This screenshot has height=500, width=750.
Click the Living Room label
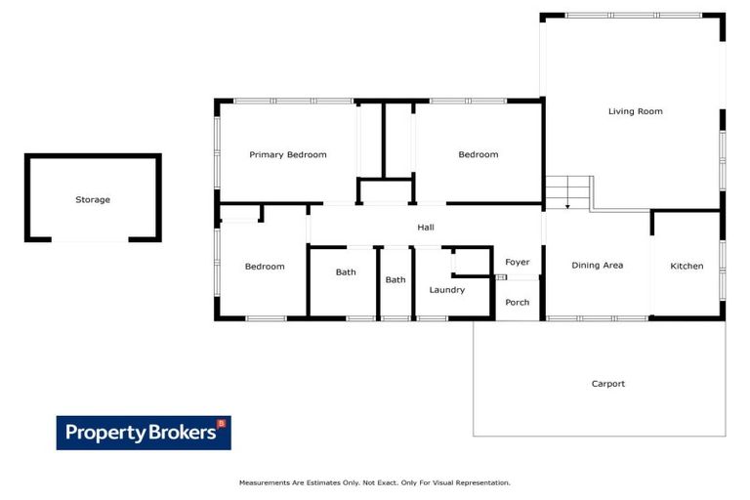pyautogui.click(x=635, y=111)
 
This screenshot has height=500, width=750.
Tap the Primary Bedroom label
pyautogui.click(x=287, y=154)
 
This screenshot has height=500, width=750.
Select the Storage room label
pyautogui.click(x=93, y=199)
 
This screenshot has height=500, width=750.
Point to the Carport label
pyautogui.click(x=607, y=384)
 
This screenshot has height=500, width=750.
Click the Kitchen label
pyautogui.click(x=687, y=266)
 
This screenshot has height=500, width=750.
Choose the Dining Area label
pyautogui.click(x=597, y=265)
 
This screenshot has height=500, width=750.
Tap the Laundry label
pyautogui.click(x=447, y=290)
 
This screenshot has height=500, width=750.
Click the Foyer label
pyautogui.click(x=517, y=262)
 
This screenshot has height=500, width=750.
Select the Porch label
pyautogui.click(x=517, y=303)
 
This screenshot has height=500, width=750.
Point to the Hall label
pyautogui.click(x=425, y=228)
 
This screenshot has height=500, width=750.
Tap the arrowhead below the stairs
pyautogui.click(x=567, y=206)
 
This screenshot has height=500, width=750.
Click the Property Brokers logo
pyautogui.click(x=144, y=433)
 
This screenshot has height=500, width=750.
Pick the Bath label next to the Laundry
pyautogui.click(x=395, y=280)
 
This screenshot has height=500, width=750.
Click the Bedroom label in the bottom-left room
pyautogui.click(x=264, y=267)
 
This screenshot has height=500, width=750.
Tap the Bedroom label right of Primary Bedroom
pyautogui.click(x=478, y=154)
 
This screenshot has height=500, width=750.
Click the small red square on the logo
pyautogui.click(x=221, y=423)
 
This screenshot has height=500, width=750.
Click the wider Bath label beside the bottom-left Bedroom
pyautogui.click(x=346, y=272)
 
